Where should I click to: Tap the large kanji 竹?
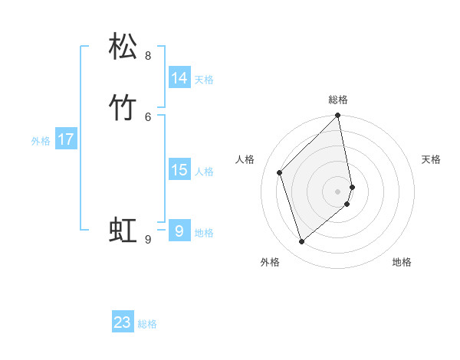123,106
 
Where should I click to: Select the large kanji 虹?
123,230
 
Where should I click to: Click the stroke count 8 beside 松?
148,56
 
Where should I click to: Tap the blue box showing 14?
179,78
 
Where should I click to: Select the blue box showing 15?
179,170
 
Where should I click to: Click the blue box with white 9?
179,230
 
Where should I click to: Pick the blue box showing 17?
66,139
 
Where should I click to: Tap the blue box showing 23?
123,322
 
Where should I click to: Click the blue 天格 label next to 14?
204,80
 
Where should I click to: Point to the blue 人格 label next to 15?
204,172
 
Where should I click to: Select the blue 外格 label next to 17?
41,141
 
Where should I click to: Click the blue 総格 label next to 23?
147,324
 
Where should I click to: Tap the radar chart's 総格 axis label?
338,100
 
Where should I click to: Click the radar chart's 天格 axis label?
431,159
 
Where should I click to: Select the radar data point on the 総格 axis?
338,116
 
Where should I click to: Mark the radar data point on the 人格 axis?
280,172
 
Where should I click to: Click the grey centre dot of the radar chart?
338,191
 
